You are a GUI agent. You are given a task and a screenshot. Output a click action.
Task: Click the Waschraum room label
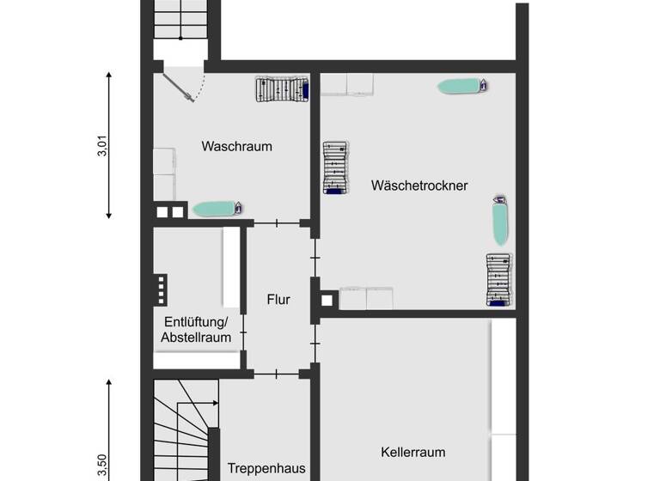tap(236, 147)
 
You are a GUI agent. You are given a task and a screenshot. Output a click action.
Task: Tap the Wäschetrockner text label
tap(419, 185)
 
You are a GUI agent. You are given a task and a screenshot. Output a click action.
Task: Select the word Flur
tap(278, 300)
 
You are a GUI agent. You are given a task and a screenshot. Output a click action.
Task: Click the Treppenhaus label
tap(266, 469)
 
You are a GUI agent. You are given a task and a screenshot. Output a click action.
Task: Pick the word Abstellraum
tap(196, 338)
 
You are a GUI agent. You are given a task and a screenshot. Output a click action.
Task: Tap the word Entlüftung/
tap(195, 322)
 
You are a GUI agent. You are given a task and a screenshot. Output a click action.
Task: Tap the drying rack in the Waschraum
tap(281, 89)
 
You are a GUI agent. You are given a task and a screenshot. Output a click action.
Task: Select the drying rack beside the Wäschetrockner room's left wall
tap(336, 167)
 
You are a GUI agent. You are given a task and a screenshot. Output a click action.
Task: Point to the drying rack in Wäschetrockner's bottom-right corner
tap(498, 280)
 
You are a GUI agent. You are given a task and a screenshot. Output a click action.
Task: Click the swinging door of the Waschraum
tap(185, 86)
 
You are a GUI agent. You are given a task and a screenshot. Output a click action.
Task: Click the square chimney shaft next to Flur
tap(327, 301)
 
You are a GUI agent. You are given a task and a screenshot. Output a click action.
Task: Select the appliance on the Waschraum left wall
tap(164, 162)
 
